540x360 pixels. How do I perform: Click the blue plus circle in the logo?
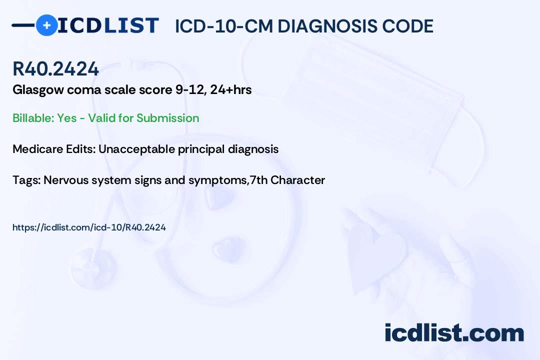[46, 25]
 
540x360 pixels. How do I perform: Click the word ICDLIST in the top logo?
[108, 25]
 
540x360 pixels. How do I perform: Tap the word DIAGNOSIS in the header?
[327, 26]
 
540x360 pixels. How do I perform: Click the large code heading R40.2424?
[56, 68]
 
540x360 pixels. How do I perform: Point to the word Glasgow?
[38, 90]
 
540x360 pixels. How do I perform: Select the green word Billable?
[33, 118]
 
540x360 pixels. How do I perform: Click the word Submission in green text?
[167, 118]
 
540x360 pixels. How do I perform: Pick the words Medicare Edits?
[54, 149]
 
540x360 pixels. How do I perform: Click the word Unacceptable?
[136, 149]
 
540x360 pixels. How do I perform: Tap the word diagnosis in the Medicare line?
[253, 149]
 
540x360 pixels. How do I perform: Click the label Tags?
[26, 180]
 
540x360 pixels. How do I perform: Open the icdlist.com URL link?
[89, 227]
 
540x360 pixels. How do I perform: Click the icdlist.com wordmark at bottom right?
[454, 332]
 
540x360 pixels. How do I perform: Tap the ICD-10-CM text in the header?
[224, 26]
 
